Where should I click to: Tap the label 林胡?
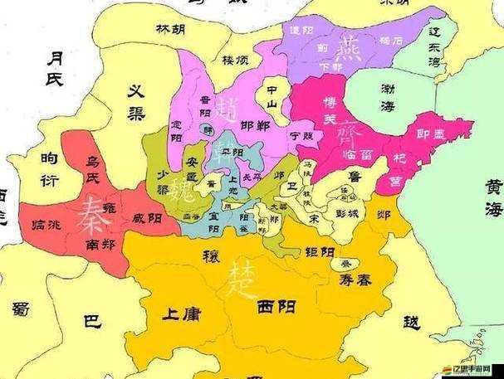(170, 29)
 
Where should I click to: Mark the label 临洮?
(46, 224)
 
